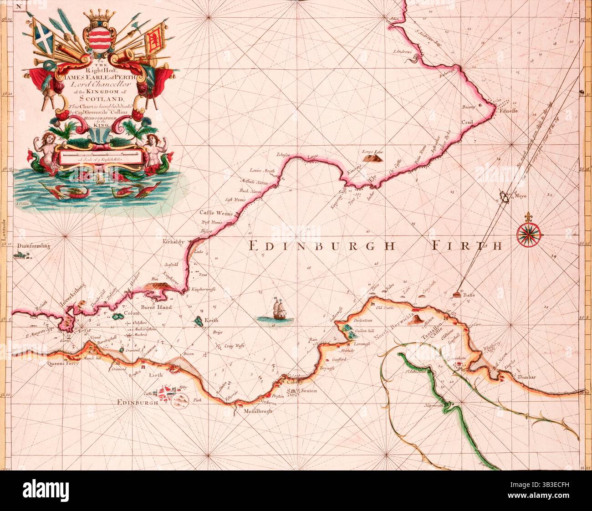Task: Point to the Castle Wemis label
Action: [x=216, y=213]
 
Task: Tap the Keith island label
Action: [x=212, y=320]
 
